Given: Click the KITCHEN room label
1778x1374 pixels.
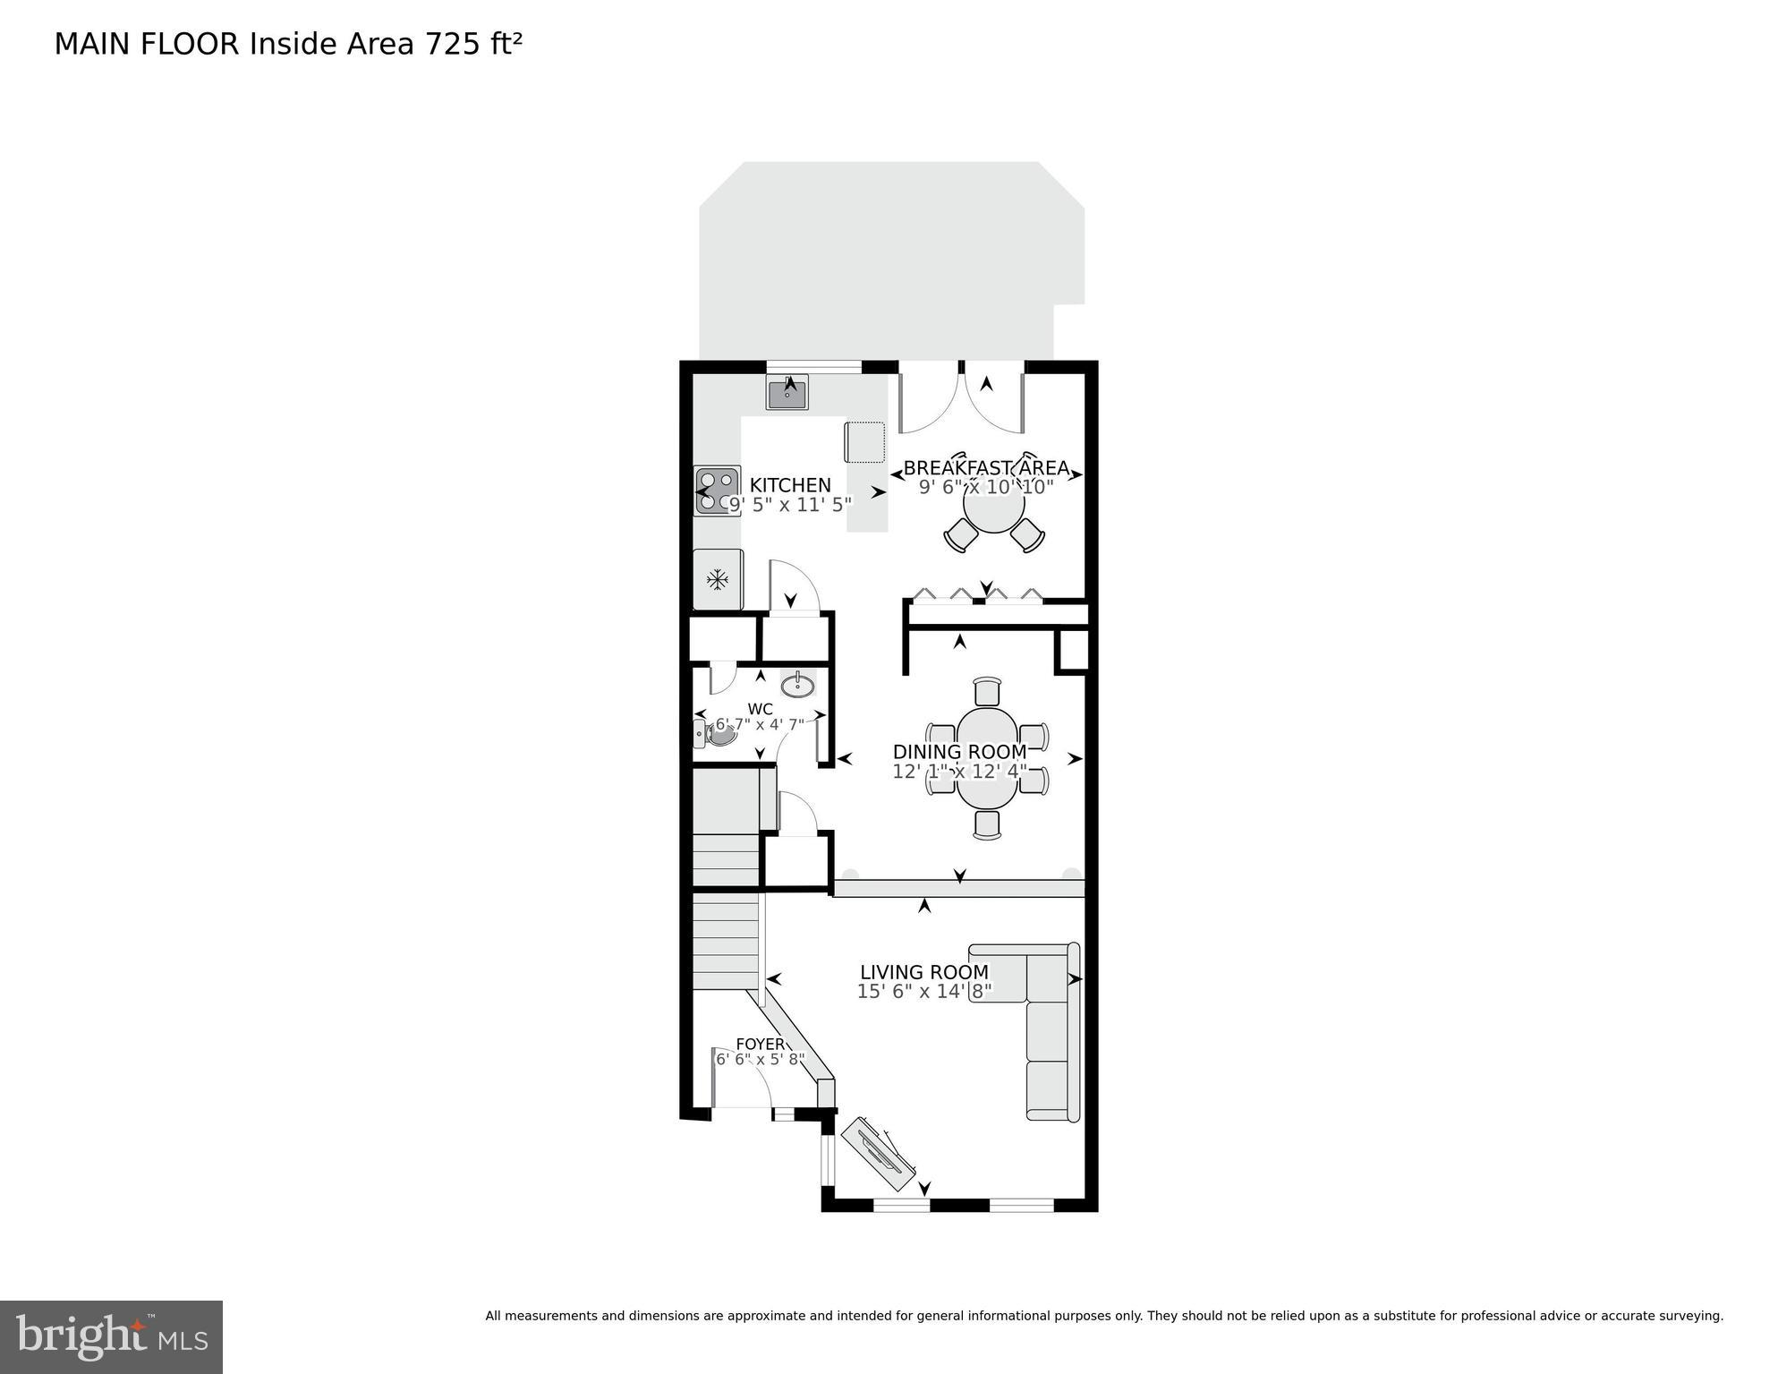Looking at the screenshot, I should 789,485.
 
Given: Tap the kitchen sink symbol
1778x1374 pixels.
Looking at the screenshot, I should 787,393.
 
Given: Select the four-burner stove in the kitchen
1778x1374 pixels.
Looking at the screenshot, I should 718,491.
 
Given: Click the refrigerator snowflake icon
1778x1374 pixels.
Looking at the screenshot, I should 717,580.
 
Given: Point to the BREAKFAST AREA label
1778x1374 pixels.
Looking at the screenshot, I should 986,468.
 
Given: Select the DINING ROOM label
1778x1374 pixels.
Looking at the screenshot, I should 959,752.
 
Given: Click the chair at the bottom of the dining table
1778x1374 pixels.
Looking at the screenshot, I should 987,824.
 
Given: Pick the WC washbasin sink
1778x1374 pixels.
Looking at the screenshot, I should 797,686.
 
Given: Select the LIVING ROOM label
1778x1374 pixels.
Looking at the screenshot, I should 924,972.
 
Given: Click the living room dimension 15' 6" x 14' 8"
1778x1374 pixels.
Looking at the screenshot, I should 924,992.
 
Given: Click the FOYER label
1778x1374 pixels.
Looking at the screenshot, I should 760,1044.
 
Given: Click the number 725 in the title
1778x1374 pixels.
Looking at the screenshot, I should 453,44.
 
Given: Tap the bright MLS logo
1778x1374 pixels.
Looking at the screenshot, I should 111,1336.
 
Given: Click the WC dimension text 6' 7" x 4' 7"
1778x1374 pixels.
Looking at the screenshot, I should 760,724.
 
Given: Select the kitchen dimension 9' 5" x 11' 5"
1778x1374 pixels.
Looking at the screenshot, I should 789,505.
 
